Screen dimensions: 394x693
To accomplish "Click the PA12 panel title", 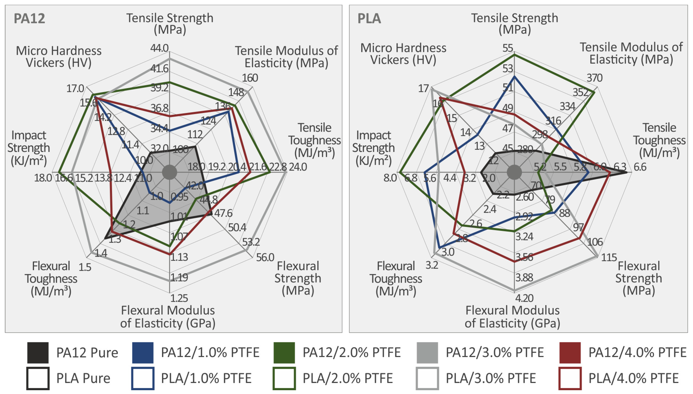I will click(x=29, y=19).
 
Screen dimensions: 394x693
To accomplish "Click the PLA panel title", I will click(x=369, y=19).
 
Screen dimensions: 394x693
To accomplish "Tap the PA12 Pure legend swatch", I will click(x=38, y=353).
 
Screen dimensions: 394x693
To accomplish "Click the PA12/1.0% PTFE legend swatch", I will click(x=143, y=353).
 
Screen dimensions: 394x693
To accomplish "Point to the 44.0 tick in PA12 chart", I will click(x=159, y=48).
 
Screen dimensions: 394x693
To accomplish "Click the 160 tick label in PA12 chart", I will click(x=250, y=78).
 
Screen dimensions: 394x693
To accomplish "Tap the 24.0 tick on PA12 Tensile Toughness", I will click(x=298, y=167).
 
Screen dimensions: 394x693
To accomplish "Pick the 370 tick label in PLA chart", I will click(x=594, y=78).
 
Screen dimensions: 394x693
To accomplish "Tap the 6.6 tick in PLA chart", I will click(x=640, y=167).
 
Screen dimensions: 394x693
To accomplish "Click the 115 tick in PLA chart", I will click(x=609, y=257).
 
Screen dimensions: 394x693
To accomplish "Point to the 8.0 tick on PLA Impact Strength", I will click(x=390, y=178).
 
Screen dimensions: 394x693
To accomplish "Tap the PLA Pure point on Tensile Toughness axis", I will click(x=626, y=172).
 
